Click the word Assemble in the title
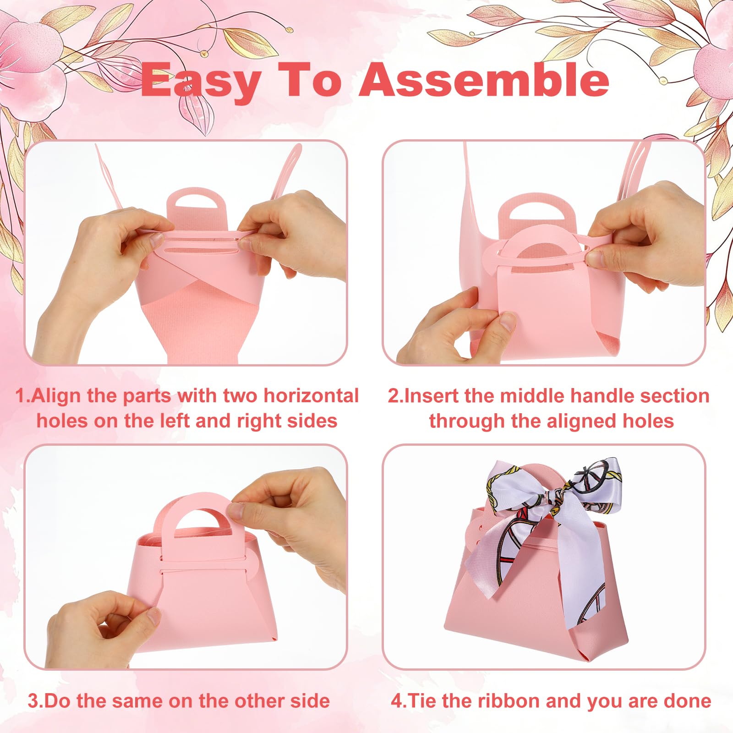click(484, 79)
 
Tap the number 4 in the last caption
click(396, 701)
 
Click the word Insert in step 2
click(431, 396)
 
